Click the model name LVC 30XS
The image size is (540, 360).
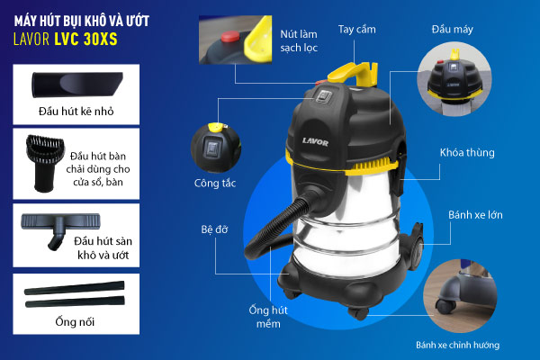[85, 39]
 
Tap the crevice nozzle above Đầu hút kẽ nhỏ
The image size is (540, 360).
[77, 85]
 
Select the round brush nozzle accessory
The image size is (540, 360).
[44, 163]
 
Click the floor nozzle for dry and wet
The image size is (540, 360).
[60, 228]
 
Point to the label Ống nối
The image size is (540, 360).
[75, 322]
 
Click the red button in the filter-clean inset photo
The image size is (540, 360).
[230, 36]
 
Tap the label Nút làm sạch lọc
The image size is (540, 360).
[299, 40]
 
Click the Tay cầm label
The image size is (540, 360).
[356, 30]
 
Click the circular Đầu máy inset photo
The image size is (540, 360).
[454, 79]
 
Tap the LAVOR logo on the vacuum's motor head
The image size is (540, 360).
[315, 141]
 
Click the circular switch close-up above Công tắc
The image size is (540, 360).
[216, 148]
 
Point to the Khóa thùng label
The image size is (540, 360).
[467, 153]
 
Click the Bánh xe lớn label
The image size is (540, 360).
[475, 215]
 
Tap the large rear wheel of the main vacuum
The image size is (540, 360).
[417, 247]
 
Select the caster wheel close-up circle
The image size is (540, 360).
[460, 296]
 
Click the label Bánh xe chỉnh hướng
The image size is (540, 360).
[458, 345]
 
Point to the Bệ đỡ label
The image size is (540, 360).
[214, 229]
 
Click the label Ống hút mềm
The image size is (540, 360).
[268, 317]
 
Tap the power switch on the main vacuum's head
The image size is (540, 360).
[324, 96]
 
